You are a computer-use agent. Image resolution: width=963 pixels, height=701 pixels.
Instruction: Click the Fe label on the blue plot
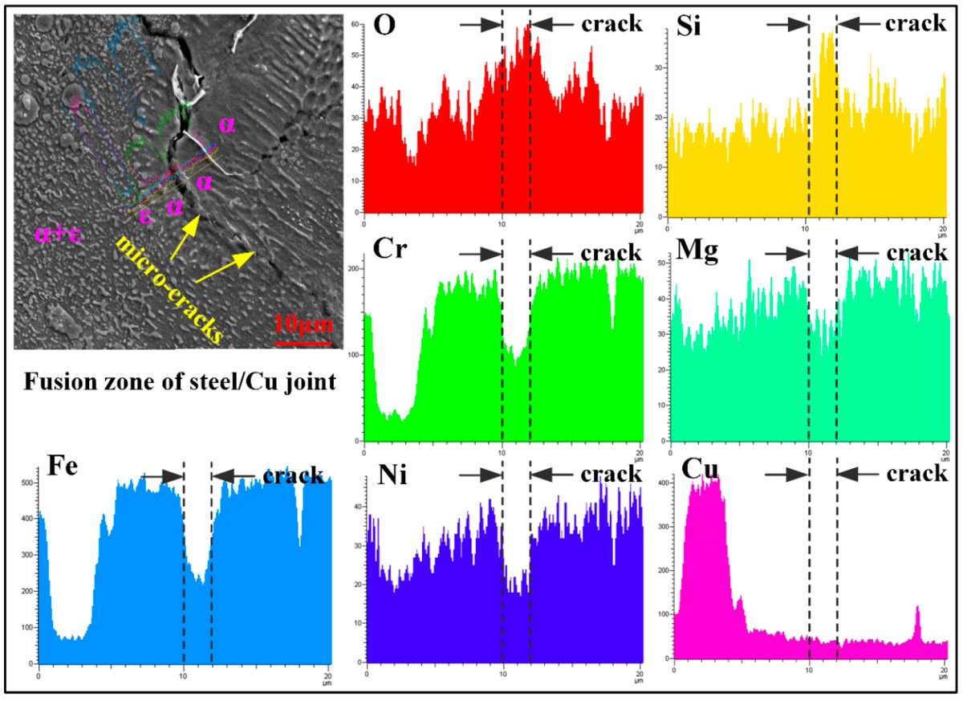pyautogui.click(x=61, y=467)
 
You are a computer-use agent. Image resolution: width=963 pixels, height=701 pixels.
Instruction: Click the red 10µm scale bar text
pyautogui.click(x=302, y=325)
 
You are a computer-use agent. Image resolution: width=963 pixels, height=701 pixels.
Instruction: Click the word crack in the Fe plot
pyautogui.click(x=294, y=475)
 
